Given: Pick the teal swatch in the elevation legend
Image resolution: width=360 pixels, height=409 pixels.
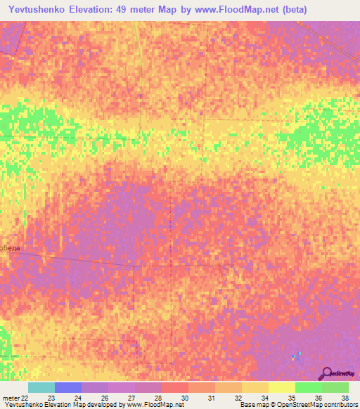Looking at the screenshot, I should (41, 387).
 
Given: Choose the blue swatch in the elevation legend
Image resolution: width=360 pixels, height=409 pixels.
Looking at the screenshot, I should (68, 387).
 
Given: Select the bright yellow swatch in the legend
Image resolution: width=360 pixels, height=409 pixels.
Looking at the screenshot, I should (281, 387).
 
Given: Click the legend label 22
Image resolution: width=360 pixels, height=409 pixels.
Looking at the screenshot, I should (26, 398).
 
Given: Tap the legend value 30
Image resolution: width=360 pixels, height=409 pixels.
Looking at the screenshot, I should (184, 398).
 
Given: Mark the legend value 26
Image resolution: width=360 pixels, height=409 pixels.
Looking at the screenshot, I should (105, 398).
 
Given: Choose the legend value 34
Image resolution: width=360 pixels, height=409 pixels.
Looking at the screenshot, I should (264, 398).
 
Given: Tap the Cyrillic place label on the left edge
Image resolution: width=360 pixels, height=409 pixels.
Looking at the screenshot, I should (10, 248).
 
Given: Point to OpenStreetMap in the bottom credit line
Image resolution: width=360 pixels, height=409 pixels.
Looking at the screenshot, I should (293, 405).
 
